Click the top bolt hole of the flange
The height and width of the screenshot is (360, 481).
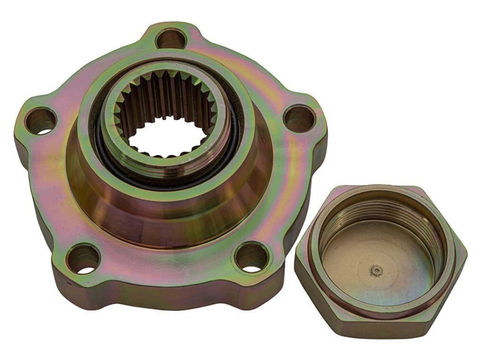coord(171,38)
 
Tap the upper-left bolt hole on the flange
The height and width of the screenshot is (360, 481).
coord(40,121)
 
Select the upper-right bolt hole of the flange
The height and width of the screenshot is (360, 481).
coord(299,118)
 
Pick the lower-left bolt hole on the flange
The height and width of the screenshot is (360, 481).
coord(83,259)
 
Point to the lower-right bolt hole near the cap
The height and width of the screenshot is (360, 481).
coord(252,256)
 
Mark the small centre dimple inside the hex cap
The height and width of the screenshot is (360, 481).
coord(376,271)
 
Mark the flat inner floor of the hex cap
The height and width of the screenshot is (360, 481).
coord(356,260)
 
